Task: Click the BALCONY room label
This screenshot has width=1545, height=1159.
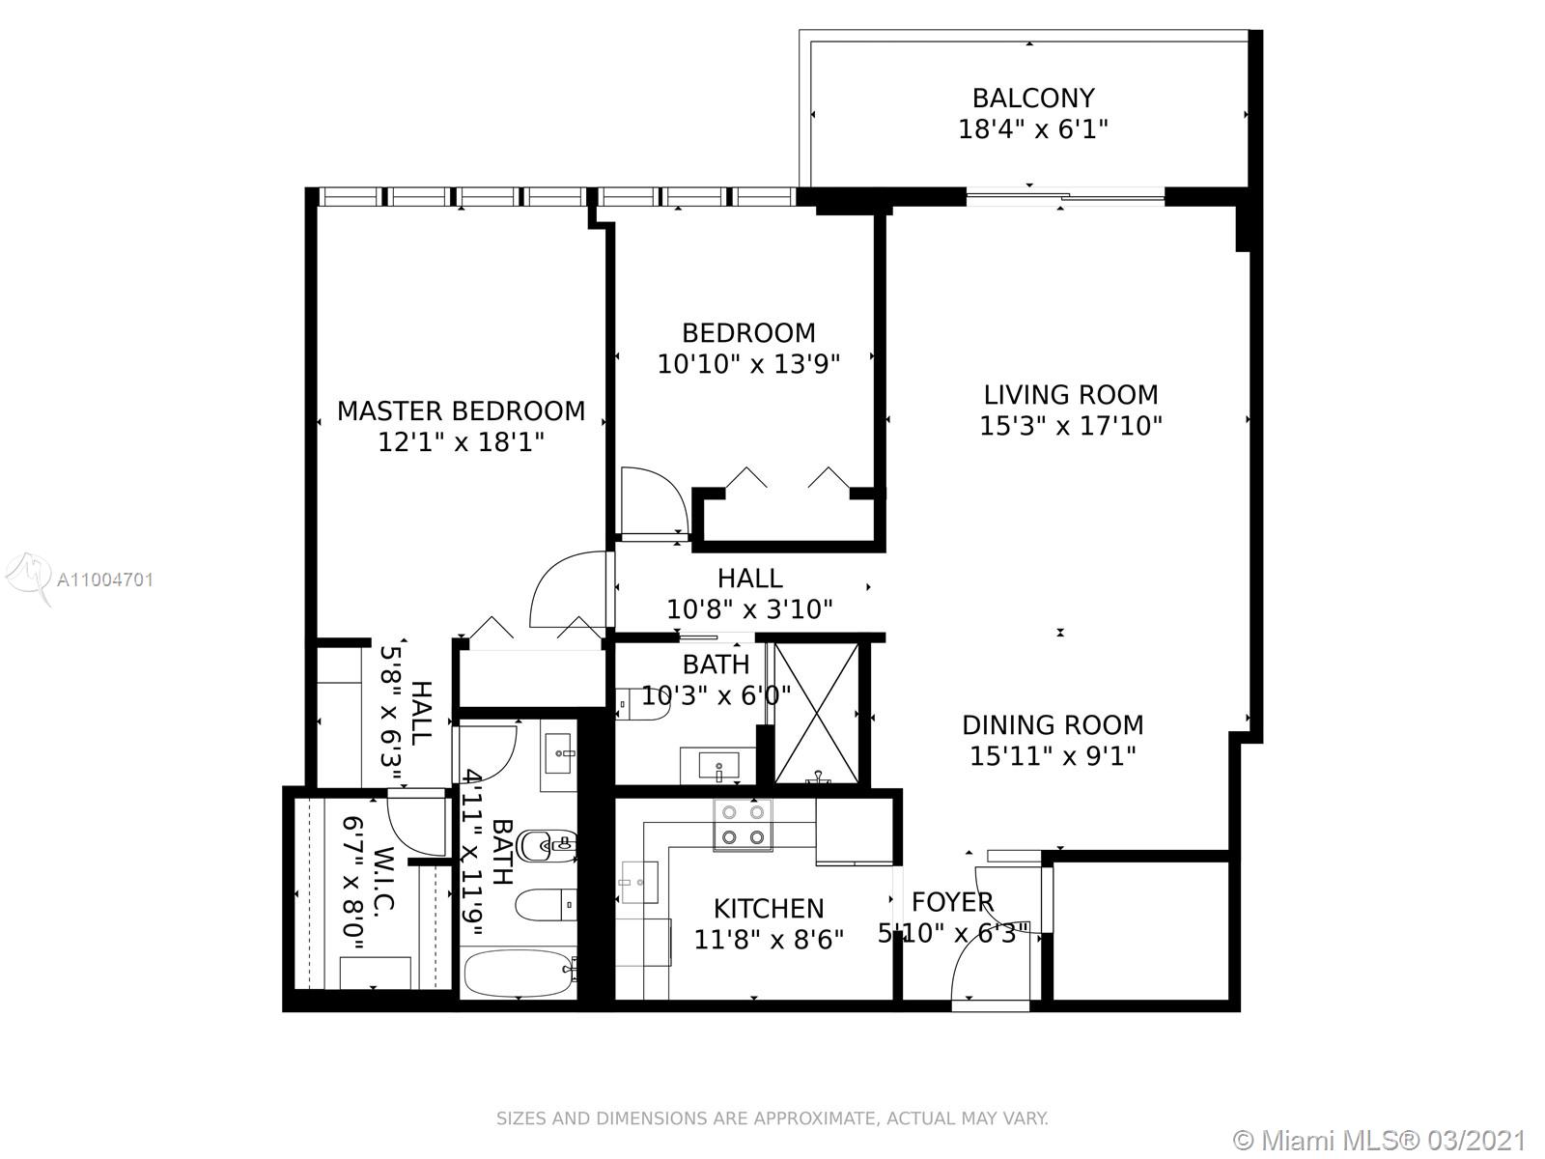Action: (1033, 98)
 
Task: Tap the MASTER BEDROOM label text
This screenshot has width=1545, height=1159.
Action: (461, 411)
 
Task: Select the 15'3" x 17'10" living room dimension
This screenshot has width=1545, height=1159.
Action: (1071, 426)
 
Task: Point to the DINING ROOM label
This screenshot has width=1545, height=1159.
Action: (1053, 724)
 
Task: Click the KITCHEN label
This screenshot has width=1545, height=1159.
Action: (769, 909)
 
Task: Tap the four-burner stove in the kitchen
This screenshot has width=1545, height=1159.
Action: (743, 826)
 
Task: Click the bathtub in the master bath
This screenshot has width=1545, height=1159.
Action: (519, 974)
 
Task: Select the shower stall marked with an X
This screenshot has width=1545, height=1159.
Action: (817, 713)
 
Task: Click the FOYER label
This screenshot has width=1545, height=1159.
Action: (952, 901)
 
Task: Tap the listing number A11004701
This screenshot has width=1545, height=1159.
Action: (105, 579)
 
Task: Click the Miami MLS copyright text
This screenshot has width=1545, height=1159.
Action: (1380, 1140)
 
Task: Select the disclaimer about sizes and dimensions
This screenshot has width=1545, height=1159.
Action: (772, 1118)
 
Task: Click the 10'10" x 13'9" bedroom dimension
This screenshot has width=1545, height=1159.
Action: (749, 364)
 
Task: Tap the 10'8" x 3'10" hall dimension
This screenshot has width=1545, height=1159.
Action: (749, 609)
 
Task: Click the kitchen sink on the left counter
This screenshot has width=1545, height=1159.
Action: (638, 882)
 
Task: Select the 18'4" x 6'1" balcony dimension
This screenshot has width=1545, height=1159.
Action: (1033, 129)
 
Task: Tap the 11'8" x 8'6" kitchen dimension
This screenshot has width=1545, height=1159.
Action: (769, 940)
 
